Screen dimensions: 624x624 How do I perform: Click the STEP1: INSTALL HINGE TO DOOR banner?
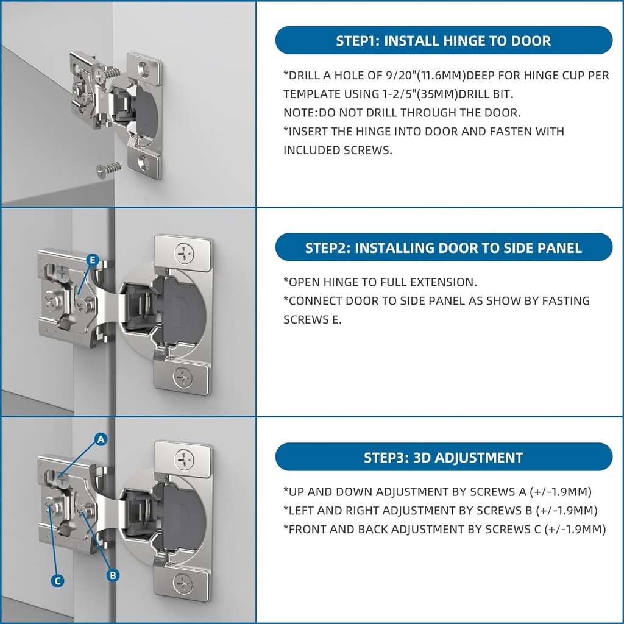point(444,40)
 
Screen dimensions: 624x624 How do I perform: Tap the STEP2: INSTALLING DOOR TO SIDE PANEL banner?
point(444,247)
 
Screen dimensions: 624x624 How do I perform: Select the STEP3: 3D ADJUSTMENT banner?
point(444,457)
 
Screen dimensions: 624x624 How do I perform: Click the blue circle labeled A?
point(101,439)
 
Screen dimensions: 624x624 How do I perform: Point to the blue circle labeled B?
point(113,575)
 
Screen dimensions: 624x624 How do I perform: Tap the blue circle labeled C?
point(58,581)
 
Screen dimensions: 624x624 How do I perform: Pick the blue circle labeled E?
point(93,260)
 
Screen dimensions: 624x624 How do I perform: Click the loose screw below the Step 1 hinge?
point(108,169)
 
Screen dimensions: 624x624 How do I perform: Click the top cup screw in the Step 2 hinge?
point(185,253)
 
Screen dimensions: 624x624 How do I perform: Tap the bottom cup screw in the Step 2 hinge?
point(183,377)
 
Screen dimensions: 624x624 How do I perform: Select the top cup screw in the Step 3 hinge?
point(185,460)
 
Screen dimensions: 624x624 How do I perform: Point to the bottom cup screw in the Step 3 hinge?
point(183,584)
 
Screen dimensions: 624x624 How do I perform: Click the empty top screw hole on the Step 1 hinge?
point(144,68)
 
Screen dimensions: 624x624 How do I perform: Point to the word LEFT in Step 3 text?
point(302,511)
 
